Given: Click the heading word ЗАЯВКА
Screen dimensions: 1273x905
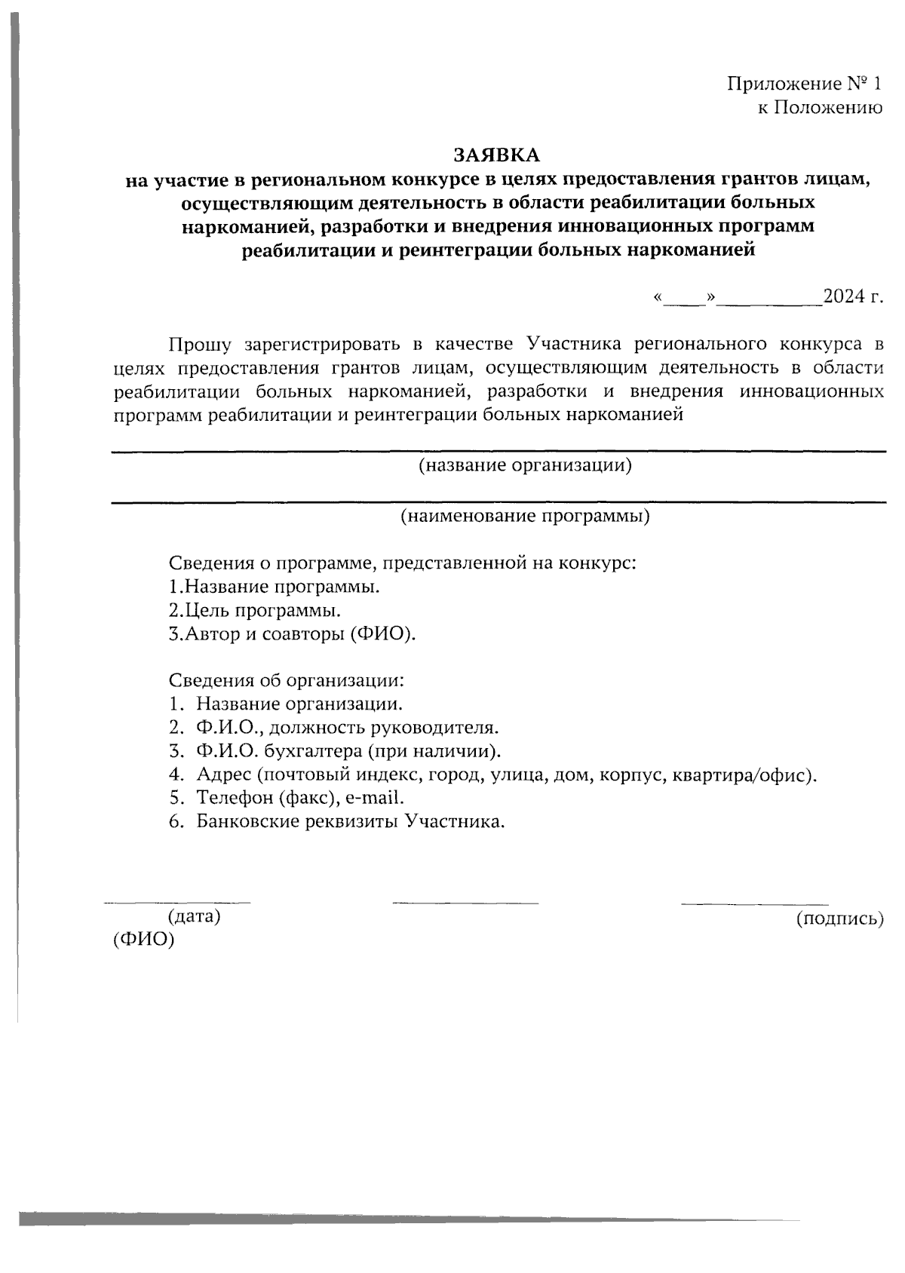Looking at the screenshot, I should pyautogui.click(x=496, y=155).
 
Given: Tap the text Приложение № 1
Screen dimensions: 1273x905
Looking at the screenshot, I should pyautogui.click(x=803, y=84).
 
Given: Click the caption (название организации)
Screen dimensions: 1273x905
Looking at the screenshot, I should pyautogui.click(x=525, y=465).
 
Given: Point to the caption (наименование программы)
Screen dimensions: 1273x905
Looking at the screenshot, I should pyautogui.click(x=525, y=517).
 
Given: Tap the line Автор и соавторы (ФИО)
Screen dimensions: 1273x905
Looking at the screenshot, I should pyautogui.click(x=293, y=633).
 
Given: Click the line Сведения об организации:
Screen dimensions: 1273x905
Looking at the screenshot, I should pyautogui.click(x=286, y=680).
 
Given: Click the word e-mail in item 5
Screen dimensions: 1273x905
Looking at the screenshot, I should pyautogui.click(x=375, y=798).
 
